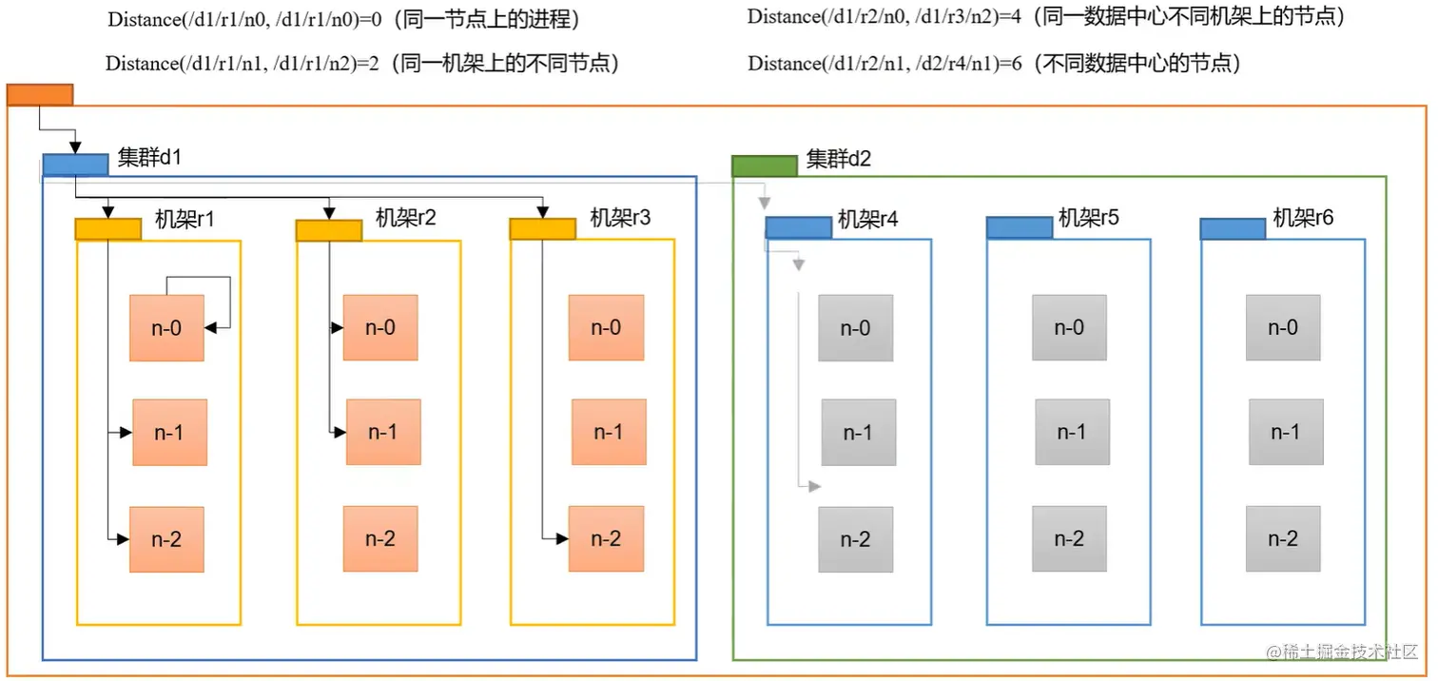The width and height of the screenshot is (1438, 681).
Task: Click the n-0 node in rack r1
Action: coord(166,328)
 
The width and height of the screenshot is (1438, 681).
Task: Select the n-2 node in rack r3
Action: coord(606,538)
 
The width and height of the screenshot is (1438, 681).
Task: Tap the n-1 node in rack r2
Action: coord(382,432)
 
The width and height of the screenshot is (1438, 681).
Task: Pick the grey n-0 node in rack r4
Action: coord(855,328)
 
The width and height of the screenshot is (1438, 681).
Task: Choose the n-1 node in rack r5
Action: coord(1071,432)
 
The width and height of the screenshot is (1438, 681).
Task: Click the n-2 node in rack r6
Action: coord(1283,538)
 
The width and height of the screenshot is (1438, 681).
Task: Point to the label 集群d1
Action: coord(149,158)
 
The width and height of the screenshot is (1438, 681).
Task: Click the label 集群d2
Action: coord(838,159)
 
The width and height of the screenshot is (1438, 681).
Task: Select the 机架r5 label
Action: coord(1089,218)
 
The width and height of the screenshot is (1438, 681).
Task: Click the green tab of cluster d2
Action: coord(764,165)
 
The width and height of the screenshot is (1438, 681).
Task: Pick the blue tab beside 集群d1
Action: coord(75,165)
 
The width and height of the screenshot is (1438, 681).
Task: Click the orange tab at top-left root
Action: coord(39,94)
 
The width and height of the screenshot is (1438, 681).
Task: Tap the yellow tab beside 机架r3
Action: coord(542,228)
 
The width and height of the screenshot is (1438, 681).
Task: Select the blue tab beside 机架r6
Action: coord(1232,228)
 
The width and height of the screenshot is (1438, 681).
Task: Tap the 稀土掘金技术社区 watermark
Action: coord(1342,652)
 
